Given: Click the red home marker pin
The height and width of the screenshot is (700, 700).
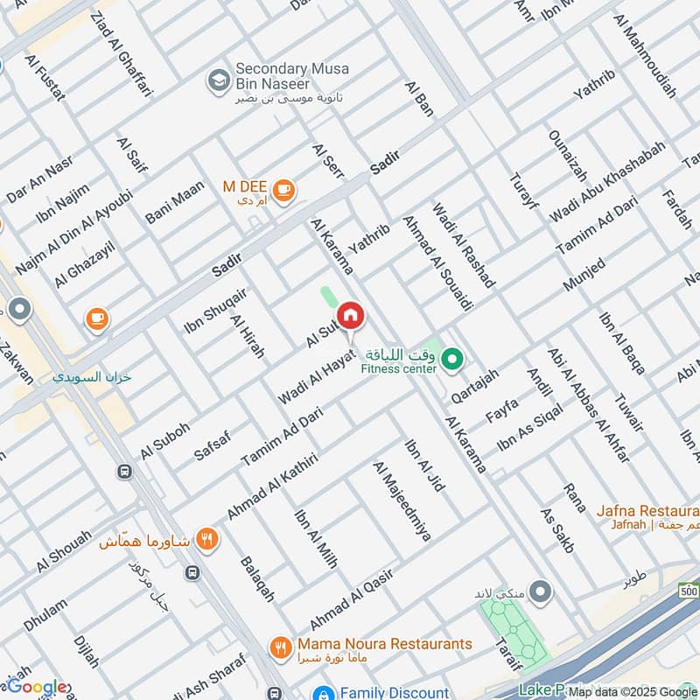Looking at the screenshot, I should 350,315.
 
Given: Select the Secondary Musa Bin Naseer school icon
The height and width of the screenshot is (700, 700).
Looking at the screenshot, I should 218,80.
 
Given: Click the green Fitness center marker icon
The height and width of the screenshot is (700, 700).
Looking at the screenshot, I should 451,357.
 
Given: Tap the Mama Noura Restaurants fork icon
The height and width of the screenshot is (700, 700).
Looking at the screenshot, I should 280,647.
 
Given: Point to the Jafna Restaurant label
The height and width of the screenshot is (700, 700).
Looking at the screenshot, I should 647,511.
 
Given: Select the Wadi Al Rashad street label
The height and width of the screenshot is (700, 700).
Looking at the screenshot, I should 464,246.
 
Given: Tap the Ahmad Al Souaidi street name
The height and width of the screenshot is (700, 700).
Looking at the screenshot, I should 425,262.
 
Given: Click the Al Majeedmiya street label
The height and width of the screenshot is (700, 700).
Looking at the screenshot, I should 402,501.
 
